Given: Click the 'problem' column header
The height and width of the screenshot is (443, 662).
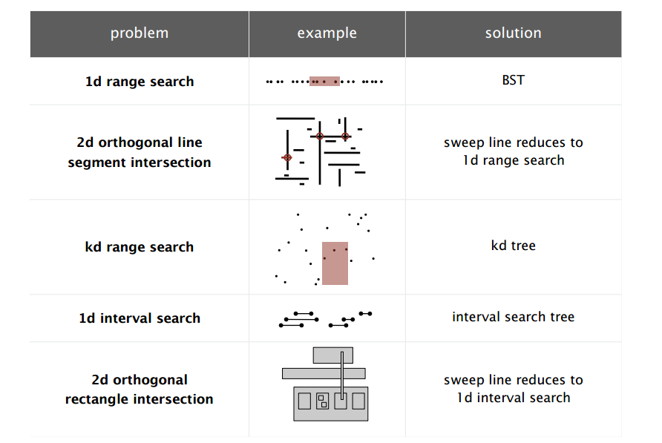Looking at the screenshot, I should point(140,33).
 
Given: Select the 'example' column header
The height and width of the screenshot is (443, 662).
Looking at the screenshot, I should point(327,33).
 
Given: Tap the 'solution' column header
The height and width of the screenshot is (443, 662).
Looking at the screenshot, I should point(513,33).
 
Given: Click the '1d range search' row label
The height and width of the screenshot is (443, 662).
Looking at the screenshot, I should point(140,82).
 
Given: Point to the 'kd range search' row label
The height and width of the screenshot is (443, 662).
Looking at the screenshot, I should point(140,247).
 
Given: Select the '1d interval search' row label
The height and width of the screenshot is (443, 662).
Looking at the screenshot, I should point(140,318).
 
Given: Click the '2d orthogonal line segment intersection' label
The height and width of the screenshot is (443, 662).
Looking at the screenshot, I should point(140,152).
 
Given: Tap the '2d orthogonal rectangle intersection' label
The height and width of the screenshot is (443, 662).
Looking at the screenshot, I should point(140,390).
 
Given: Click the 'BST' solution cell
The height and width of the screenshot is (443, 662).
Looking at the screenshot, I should point(513,80).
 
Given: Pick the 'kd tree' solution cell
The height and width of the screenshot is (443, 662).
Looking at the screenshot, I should point(513,246).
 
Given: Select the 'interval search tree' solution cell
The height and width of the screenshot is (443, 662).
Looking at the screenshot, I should point(513,317).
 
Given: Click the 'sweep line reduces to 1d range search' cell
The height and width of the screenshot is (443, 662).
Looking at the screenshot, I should point(513,151).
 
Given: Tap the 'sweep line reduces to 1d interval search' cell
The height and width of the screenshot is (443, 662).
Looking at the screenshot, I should point(513,389).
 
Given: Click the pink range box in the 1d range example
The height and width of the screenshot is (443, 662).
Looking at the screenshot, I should point(325,80).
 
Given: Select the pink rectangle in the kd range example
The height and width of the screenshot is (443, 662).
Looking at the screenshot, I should point(335,263).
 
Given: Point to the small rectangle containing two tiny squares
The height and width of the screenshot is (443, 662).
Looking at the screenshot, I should point(322,401).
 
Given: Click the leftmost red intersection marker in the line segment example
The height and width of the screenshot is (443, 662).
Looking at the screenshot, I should point(287,157).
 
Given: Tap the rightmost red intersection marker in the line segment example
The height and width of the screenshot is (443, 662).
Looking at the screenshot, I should point(345,137).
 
